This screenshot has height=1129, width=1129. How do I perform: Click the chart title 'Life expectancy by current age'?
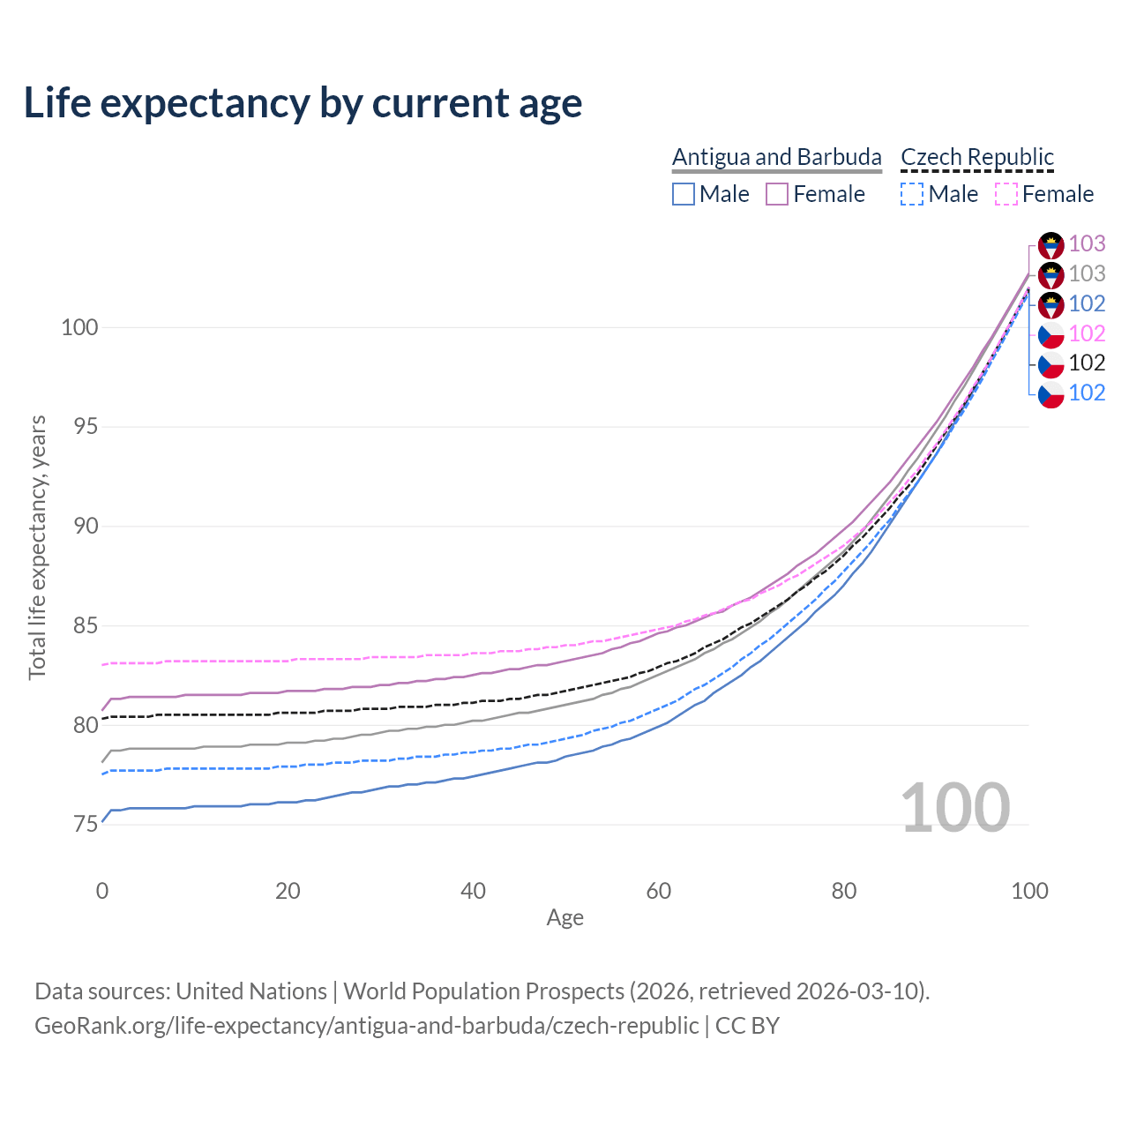(303, 103)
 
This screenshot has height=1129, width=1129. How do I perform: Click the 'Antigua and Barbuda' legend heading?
(776, 157)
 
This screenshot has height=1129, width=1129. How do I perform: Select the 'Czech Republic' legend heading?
(977, 157)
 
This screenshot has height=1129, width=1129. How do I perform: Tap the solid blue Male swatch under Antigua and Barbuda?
(684, 194)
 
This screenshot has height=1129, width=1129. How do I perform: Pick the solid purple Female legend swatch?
(777, 194)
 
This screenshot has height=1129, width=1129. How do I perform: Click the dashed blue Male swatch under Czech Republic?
(912, 194)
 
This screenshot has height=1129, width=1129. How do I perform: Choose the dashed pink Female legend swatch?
(1006, 194)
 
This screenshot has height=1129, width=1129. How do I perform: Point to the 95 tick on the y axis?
(79, 427)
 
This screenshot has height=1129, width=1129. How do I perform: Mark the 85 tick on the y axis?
(79, 626)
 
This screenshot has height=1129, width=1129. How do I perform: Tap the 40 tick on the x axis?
(473, 891)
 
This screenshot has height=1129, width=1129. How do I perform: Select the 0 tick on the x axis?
(102, 891)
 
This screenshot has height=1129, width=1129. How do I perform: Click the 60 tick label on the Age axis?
(659, 891)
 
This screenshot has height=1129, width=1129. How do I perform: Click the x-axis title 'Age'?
(564, 918)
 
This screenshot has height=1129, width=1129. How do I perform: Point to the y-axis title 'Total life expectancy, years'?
(37, 547)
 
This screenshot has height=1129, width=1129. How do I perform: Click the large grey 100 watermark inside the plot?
(955, 808)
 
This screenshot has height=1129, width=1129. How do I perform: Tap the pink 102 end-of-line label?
(1087, 333)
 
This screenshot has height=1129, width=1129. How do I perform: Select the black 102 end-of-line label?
(1087, 363)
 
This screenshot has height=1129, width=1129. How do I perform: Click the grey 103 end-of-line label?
(1087, 273)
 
